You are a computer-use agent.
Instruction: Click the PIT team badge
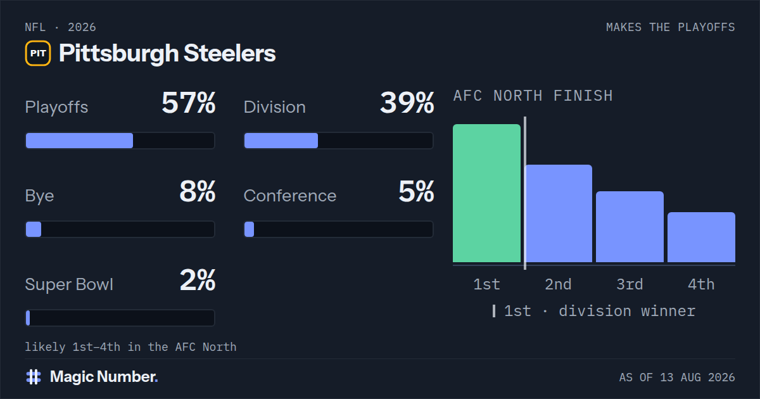[x=38, y=53]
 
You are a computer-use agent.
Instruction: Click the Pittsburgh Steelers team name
[x=167, y=53]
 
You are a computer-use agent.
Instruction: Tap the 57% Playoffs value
[x=189, y=103]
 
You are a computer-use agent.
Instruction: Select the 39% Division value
[x=407, y=103]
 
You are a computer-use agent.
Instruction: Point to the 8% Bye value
[x=198, y=191]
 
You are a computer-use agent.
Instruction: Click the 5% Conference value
[x=416, y=191]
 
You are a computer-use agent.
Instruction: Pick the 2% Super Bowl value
[x=198, y=280]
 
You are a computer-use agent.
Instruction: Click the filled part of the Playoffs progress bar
[x=79, y=141]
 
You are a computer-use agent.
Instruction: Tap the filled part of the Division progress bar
[x=281, y=141]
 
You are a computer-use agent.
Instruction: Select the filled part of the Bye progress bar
[x=34, y=229]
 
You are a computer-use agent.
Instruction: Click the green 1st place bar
[x=486, y=193]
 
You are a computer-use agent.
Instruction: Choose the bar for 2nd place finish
[x=559, y=213]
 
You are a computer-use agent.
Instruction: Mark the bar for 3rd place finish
[x=630, y=227]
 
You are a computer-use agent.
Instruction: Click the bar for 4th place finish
[x=701, y=237]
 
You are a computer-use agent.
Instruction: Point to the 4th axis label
[x=701, y=284]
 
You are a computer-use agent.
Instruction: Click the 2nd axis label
[x=558, y=284]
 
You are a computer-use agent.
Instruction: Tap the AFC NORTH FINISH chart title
[x=533, y=96]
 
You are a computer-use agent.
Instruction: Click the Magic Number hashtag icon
[x=34, y=377]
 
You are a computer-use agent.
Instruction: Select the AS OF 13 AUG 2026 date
[x=677, y=377]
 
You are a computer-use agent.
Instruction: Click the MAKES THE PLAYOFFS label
[x=671, y=27]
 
